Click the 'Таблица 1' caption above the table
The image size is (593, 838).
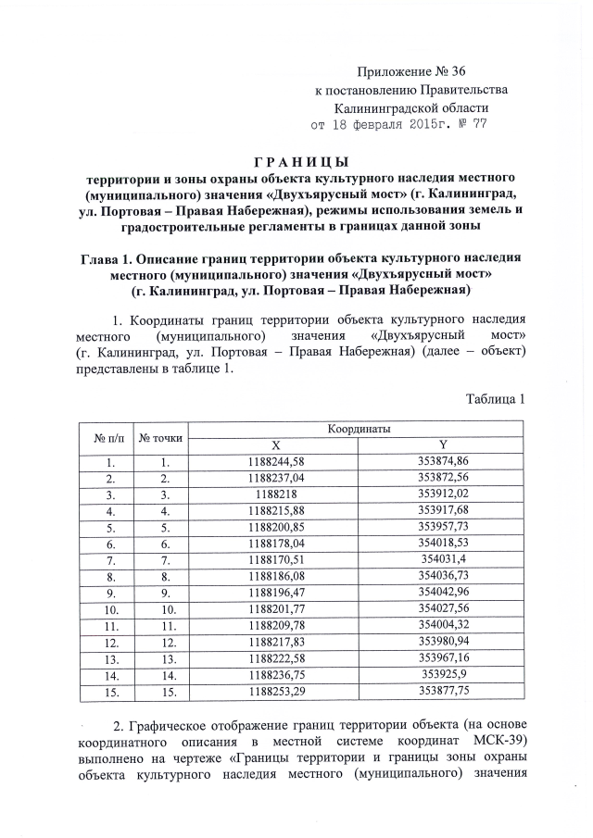pos(496,399)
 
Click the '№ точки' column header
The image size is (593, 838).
pos(161,437)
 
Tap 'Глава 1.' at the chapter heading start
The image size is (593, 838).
pos(111,258)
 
